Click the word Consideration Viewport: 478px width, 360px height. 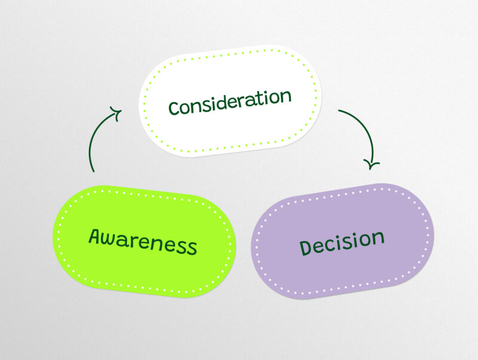coord(230,102)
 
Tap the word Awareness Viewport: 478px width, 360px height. coord(143,241)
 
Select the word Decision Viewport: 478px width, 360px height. coord(342,241)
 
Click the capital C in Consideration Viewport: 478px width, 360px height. coord(174,109)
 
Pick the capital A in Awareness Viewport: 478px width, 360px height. coord(96,236)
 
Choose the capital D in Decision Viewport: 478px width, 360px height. coord(307,247)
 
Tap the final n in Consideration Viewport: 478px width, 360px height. coord(286,96)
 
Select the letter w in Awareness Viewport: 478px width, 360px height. coord(112,238)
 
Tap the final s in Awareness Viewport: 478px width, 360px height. coord(192,247)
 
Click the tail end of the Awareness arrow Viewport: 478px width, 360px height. coord(93,171)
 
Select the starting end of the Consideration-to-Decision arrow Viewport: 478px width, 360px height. coord(339,111)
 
